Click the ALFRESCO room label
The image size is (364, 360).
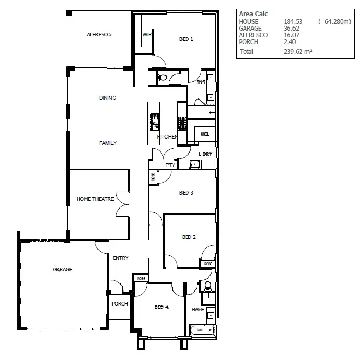coord(99,35)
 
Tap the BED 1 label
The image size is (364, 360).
coord(186,39)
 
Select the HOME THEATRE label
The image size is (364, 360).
coord(95,199)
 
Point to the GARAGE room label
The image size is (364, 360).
coord(62,270)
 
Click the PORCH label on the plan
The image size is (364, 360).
coord(120,303)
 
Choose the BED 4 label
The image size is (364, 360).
coord(161,307)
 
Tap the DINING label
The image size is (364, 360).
coord(107,98)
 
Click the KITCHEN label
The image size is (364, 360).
coord(167,137)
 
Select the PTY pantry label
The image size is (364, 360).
coord(170,165)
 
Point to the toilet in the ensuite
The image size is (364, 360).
coord(162,78)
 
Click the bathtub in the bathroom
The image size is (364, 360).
coord(202,330)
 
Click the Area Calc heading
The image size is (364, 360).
coord(253,14)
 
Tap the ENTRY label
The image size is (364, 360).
coord(120,258)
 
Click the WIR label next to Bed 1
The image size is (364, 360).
coord(146,35)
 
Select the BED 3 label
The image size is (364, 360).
coord(186,193)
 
